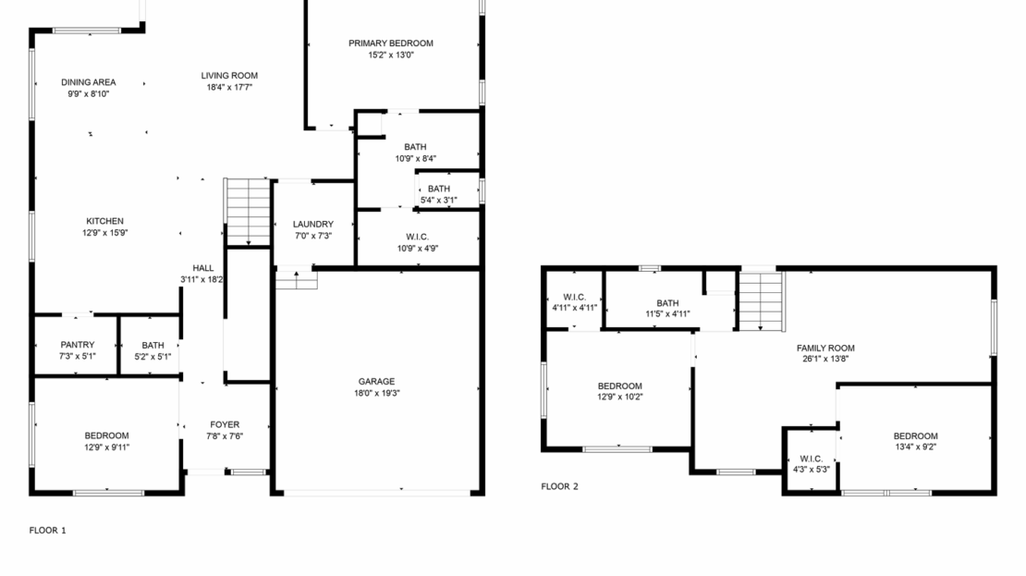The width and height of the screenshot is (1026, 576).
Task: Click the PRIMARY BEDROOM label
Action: (390, 43)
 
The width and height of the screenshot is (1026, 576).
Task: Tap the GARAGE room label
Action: (376, 381)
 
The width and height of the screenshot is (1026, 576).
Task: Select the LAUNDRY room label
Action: (312, 224)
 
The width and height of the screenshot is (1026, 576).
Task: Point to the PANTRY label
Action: (78, 344)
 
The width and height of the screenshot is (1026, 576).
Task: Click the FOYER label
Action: (225, 424)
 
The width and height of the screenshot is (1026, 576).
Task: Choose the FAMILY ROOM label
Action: (825, 348)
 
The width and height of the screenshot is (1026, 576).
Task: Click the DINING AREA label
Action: (89, 82)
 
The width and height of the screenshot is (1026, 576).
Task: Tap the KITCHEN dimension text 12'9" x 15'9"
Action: (105, 233)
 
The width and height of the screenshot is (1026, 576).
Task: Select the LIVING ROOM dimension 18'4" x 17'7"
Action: (229, 87)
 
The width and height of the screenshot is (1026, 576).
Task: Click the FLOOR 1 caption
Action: (47, 531)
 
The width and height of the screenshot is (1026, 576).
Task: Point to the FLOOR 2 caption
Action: (559, 485)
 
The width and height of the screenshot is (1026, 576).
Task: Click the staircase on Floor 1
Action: (247, 211)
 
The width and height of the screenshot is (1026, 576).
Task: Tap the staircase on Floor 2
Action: (761, 300)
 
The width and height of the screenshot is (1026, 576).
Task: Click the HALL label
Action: (202, 268)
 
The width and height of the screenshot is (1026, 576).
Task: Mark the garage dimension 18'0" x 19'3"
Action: (376, 393)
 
